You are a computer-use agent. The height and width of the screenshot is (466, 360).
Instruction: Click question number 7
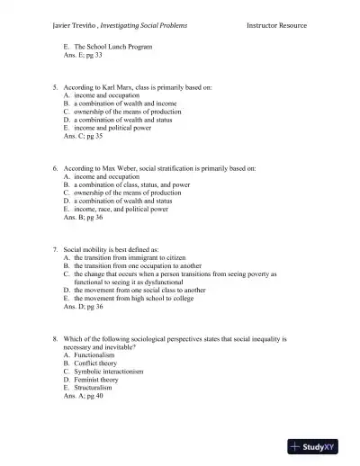(x=55, y=249)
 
